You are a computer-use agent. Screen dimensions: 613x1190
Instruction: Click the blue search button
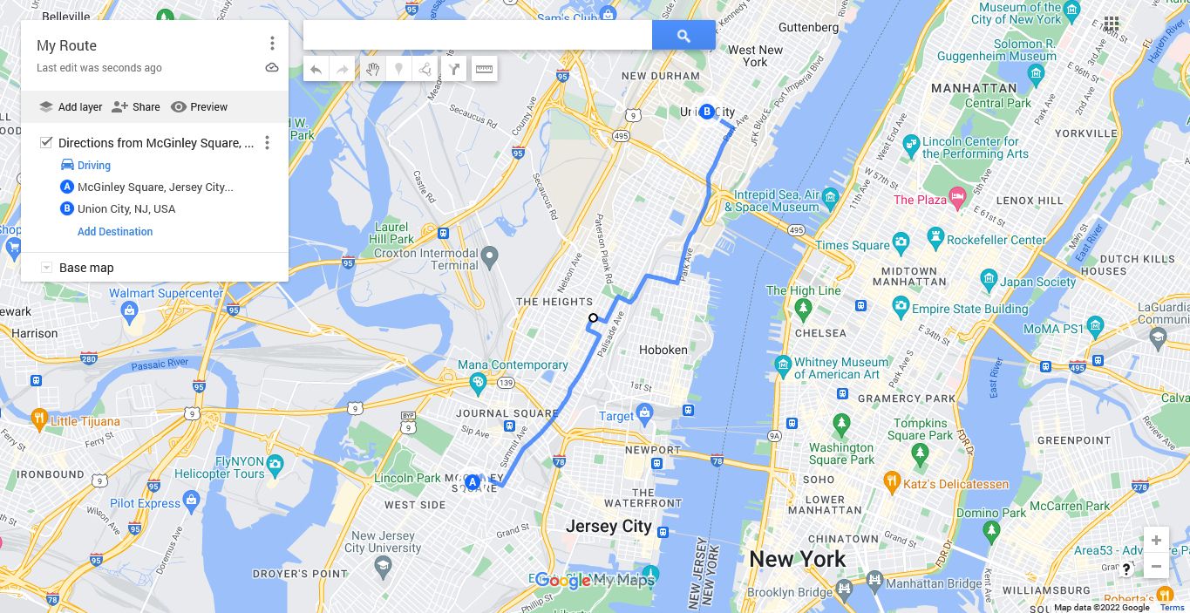(683, 36)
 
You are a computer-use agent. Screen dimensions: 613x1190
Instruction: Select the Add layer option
(71, 107)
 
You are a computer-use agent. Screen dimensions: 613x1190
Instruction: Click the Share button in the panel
(136, 107)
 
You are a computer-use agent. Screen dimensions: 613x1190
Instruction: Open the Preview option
(199, 107)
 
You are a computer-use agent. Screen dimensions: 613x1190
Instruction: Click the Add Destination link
(115, 232)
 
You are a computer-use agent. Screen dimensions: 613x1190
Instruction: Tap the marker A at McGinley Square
(473, 482)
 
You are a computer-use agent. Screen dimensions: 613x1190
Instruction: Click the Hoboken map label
(663, 350)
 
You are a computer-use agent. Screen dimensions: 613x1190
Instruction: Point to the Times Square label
(852, 245)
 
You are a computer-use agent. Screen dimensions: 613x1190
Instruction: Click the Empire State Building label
(969, 309)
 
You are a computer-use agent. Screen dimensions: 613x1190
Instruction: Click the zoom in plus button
(1156, 540)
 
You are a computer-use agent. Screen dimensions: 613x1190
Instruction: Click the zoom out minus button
(1156, 566)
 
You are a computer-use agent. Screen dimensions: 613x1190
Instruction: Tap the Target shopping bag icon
(644, 412)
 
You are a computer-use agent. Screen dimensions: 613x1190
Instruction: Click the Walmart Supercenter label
(166, 293)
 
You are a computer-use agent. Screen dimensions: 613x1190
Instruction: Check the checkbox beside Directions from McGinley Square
(46, 143)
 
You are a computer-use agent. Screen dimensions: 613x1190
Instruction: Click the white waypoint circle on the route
(593, 318)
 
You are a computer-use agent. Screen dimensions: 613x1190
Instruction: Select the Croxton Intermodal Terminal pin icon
(489, 256)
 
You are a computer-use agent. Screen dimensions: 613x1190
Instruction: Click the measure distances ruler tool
(484, 69)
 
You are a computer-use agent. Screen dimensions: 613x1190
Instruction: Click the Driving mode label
(93, 166)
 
